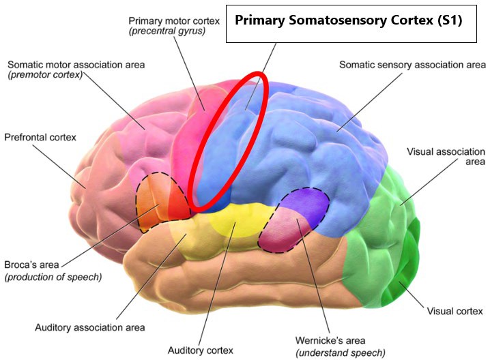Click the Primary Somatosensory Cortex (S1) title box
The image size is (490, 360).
[x=349, y=20]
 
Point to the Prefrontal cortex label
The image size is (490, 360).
[x=40, y=137]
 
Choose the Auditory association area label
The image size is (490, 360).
[x=90, y=327]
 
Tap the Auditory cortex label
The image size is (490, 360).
[x=201, y=350]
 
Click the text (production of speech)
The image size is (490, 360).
[x=53, y=277]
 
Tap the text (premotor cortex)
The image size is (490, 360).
[x=44, y=75]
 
